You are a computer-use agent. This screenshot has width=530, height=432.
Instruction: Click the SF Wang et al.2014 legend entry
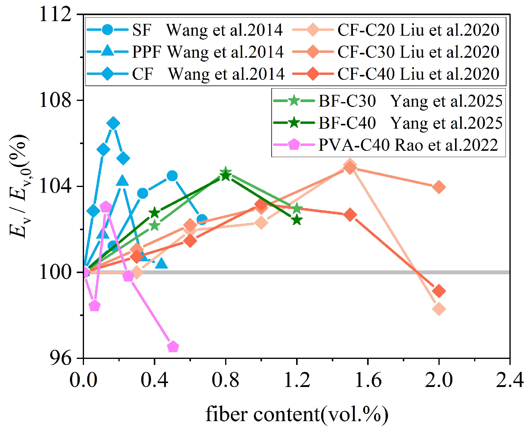click(185, 30)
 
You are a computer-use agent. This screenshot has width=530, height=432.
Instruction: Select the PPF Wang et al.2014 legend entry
click(185, 52)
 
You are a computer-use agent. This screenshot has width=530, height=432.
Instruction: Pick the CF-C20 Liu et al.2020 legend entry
click(396, 30)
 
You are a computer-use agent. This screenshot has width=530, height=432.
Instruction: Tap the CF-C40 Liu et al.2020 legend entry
click(396, 74)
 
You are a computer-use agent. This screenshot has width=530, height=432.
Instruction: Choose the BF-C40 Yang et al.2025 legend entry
click(388, 123)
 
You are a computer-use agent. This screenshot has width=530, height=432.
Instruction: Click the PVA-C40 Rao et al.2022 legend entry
click(386, 145)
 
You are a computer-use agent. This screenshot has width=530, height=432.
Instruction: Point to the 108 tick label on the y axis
click(56, 100)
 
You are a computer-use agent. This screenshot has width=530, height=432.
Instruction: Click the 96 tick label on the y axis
click(61, 358)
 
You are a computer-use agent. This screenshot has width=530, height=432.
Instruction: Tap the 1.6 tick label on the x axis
click(368, 380)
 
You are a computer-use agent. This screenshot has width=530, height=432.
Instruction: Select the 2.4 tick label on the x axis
click(510, 380)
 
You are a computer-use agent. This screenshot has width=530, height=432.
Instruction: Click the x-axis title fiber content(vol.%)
click(297, 414)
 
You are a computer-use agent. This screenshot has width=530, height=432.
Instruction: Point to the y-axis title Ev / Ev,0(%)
click(19, 186)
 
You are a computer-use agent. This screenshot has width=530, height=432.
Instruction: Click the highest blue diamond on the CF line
click(113, 123)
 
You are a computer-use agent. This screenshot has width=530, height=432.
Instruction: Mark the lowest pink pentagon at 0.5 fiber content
click(173, 347)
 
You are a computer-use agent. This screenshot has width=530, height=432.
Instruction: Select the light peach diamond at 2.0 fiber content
click(439, 309)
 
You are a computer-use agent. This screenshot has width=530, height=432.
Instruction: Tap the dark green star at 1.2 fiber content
click(297, 220)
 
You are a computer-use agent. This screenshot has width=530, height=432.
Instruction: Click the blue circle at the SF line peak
click(172, 176)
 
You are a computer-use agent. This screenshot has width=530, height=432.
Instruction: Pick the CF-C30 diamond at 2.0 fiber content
click(439, 187)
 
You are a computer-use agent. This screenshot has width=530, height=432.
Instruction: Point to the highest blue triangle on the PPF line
click(122, 181)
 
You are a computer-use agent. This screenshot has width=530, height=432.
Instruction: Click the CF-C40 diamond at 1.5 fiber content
click(350, 215)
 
